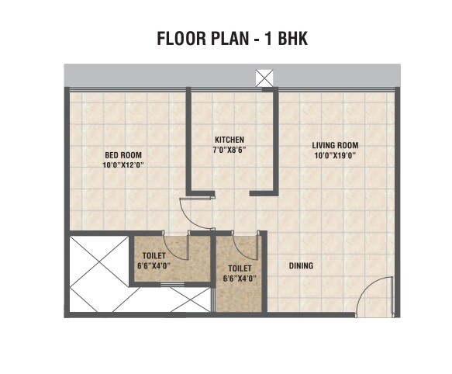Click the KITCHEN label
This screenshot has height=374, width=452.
(230, 140)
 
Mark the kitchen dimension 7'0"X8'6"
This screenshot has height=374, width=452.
(230, 151)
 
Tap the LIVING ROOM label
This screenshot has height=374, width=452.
(335, 145)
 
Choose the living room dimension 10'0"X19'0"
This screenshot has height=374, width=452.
(335, 155)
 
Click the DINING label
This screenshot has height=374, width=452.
(301, 266)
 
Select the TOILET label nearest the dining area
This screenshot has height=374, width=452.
(239, 268)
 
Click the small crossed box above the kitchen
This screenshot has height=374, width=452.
(264, 78)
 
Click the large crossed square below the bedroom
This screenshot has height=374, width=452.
(98, 262)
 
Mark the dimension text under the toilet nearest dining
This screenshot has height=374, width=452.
(239, 279)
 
